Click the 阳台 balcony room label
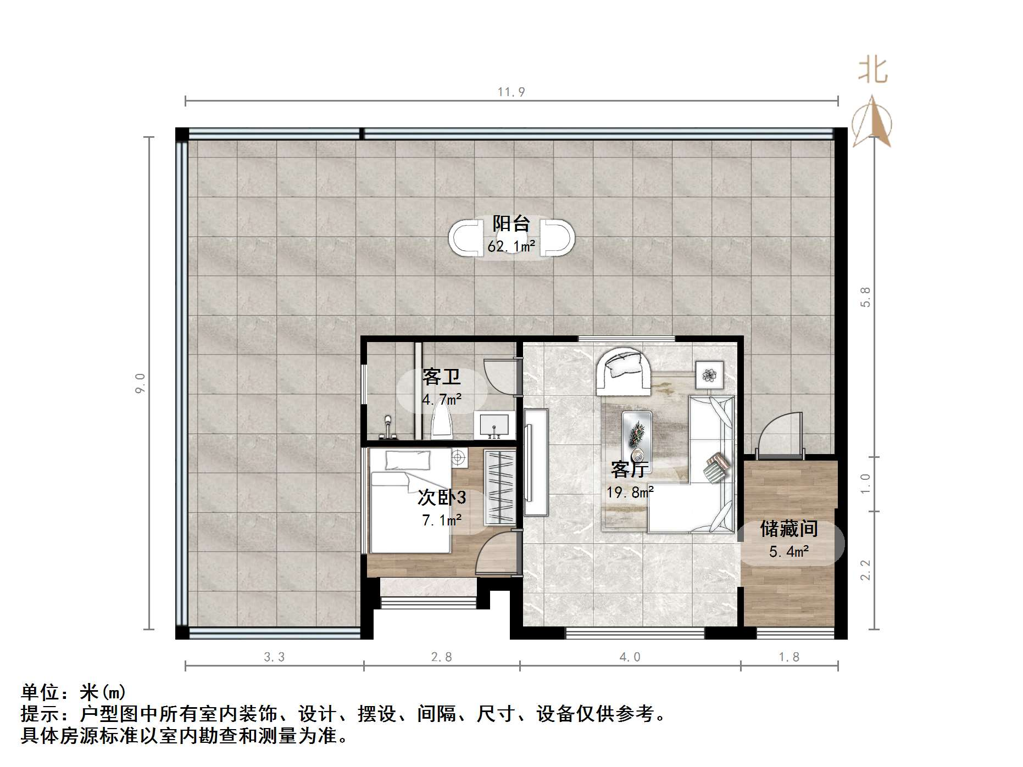point(511,223)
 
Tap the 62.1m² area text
point(511,247)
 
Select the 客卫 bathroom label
point(441,377)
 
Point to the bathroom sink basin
point(494,426)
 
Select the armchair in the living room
point(624,371)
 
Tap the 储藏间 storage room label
point(789,529)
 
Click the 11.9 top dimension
point(511,92)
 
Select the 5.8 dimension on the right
point(865,297)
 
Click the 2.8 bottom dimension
point(441,657)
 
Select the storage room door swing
point(779,436)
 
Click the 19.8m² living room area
point(630,492)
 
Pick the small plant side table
point(710,375)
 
